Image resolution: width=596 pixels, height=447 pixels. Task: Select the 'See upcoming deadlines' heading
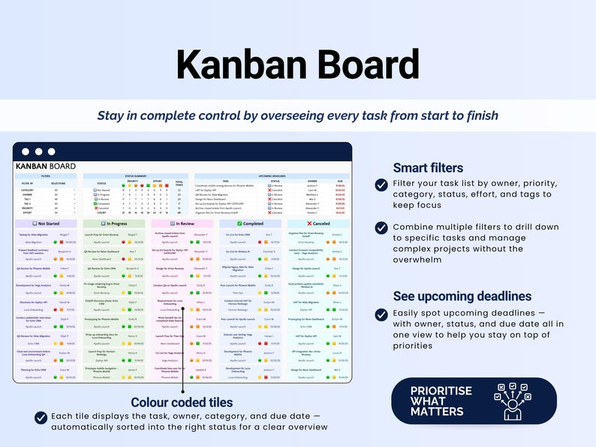tap(452, 295)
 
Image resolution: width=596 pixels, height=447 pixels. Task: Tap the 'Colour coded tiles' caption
tap(182, 402)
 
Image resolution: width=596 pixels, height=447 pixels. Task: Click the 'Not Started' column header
tap(46, 223)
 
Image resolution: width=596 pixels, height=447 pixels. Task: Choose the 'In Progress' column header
tap(114, 223)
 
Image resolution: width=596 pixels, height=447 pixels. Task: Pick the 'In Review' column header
tap(182, 223)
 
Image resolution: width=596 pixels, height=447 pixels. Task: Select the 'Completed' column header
tap(250, 223)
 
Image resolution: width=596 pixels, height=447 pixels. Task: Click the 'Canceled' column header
tap(318, 223)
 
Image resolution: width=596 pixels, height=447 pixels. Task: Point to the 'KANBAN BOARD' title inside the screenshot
tap(46, 166)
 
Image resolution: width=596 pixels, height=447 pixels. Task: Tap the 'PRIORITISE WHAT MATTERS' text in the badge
tap(441, 401)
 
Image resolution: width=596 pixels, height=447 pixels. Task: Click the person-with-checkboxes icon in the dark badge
tap(513, 401)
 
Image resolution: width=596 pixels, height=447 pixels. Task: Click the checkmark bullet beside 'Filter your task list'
tap(381, 184)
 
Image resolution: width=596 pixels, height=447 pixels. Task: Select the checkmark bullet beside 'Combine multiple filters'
tap(381, 227)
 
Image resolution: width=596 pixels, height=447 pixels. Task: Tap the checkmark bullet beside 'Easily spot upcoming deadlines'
tap(381, 314)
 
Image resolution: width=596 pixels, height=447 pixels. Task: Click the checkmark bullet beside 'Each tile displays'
tap(41, 417)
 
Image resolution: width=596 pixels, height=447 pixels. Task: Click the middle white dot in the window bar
tap(38, 151)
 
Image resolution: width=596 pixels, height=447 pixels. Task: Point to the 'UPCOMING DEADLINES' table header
tap(271, 176)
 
